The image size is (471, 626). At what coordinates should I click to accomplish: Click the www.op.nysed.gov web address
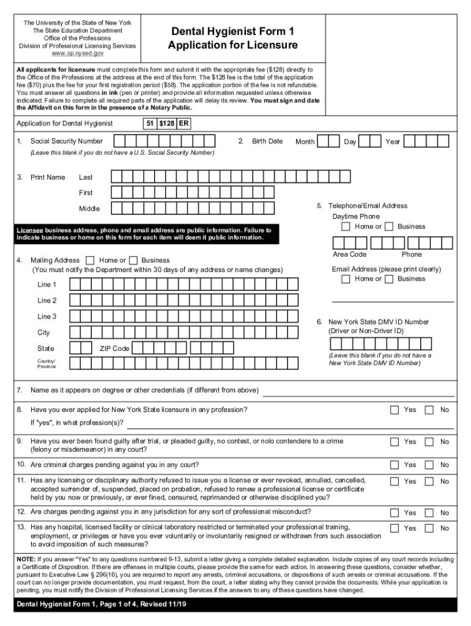coord(77,54)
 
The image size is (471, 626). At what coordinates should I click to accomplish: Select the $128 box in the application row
coord(166,123)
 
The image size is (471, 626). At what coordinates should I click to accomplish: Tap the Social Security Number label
coord(67,141)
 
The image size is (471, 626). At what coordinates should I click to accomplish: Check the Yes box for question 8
coord(395,410)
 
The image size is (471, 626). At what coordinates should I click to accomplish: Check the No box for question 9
coord(429,441)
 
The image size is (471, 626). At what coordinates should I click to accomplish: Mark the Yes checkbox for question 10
coord(395,465)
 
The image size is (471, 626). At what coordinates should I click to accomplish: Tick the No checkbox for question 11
coord(429,481)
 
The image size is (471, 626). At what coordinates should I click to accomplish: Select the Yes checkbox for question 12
coord(395,512)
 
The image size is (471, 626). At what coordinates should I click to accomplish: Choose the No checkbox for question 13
coord(429,528)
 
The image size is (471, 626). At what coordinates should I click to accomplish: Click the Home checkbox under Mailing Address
coord(91,260)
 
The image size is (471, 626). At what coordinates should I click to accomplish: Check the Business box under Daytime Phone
coord(389,226)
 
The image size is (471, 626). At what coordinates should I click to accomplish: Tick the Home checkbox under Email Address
coord(346,279)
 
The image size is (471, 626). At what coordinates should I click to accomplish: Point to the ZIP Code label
coord(114,348)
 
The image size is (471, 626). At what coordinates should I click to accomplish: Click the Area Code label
coord(350,254)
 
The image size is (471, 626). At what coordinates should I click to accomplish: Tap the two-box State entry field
coord(80,348)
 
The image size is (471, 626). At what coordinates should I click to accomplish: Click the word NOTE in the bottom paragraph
coord(26,559)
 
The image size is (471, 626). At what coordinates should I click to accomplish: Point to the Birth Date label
coord(267,141)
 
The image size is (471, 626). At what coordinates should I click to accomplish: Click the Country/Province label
coord(46,364)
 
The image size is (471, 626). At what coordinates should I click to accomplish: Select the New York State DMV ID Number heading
coord(379,322)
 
